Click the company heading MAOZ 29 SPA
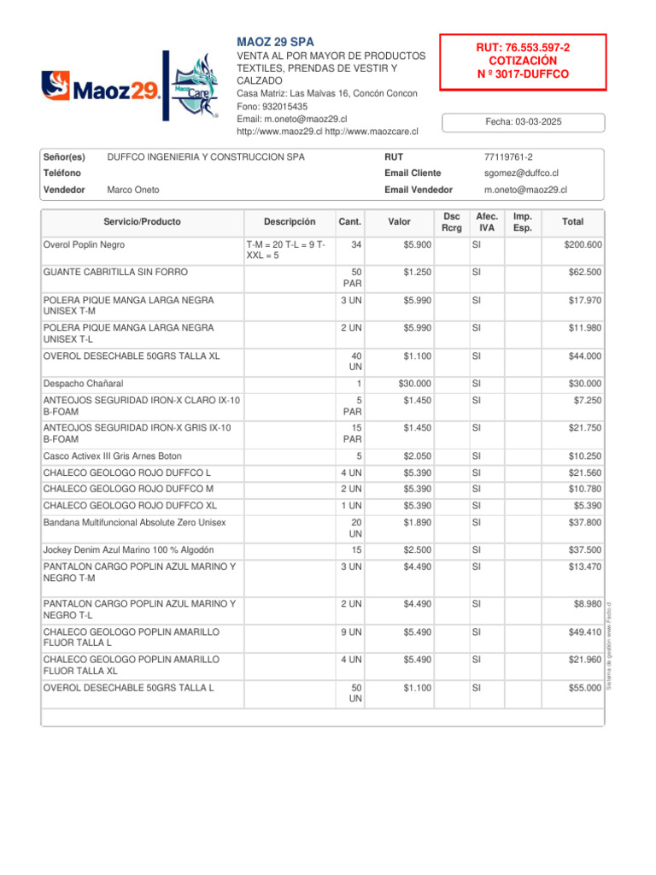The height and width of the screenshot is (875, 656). [x=275, y=42]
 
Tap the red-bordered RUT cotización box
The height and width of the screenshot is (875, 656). [x=523, y=62]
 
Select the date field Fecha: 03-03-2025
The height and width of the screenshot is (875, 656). [x=523, y=122]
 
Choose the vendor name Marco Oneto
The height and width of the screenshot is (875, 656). [x=133, y=190]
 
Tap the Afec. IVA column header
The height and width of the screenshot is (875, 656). [x=487, y=221]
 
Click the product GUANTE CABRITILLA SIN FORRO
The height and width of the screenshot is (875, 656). [x=115, y=273]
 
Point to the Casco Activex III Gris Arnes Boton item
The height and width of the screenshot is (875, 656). [x=112, y=456]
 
